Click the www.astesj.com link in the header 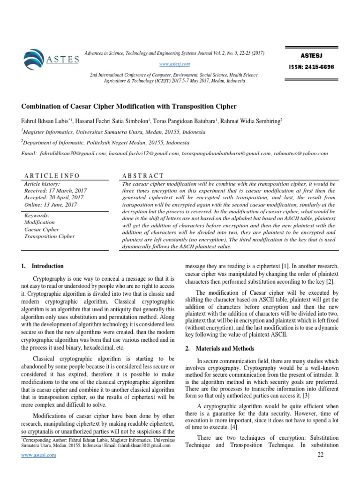[174, 64]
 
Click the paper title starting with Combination [129, 106]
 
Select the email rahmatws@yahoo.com [301, 153]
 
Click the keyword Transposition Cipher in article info [49, 236]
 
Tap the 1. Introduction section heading [42, 266]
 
